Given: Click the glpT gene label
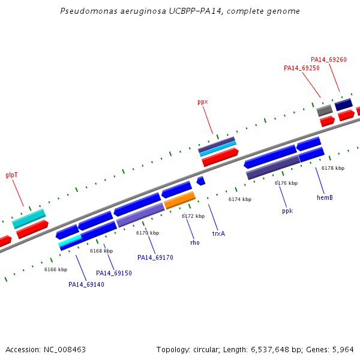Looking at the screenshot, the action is pos(11,175).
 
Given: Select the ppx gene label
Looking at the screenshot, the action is pos(203,102).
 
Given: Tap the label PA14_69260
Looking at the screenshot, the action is pos(329,59).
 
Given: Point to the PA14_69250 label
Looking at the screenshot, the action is pos(302,68).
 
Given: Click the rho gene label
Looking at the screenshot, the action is pos(195,242).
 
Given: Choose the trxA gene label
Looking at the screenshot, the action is pos(218,234).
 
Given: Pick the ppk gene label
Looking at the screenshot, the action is pos(287,211).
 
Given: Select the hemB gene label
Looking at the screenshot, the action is pos(325,197).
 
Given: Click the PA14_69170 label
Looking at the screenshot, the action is pos(155,257).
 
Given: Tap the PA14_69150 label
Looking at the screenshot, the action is pos(114,273).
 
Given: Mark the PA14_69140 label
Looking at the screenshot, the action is pos(86,284).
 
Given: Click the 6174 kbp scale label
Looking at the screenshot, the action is pos(240,199).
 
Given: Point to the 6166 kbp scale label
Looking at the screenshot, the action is pos(56,269).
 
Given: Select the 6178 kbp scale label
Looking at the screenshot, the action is pos(333,168).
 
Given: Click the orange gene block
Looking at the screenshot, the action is pos(179,200).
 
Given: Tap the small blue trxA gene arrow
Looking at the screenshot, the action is pos(201,181).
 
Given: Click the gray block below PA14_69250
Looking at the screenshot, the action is pos(325,110).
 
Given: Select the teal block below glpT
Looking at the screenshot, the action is pos(29,219).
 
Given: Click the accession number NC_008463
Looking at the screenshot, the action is pos(65,350).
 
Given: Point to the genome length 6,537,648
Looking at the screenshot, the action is pos(270,350).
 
